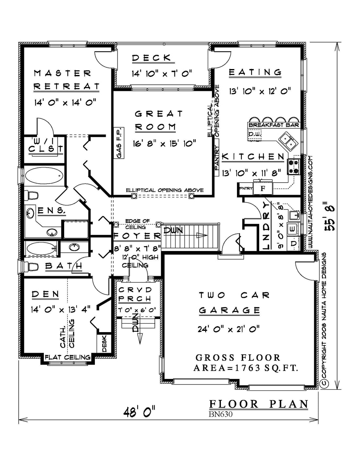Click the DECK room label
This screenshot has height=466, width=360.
click(x=152, y=58)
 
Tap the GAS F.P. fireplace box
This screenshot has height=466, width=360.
click(x=119, y=143)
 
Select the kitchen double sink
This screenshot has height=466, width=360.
click(x=288, y=142)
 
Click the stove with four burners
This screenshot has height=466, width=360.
click(x=294, y=167)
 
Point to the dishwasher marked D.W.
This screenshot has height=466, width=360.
click(x=255, y=134)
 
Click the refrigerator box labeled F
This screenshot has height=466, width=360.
click(x=263, y=188)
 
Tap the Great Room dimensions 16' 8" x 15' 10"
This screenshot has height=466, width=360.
click(x=164, y=143)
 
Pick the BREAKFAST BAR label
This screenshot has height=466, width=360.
click(x=274, y=125)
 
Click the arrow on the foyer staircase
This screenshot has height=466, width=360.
click(x=202, y=235)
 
